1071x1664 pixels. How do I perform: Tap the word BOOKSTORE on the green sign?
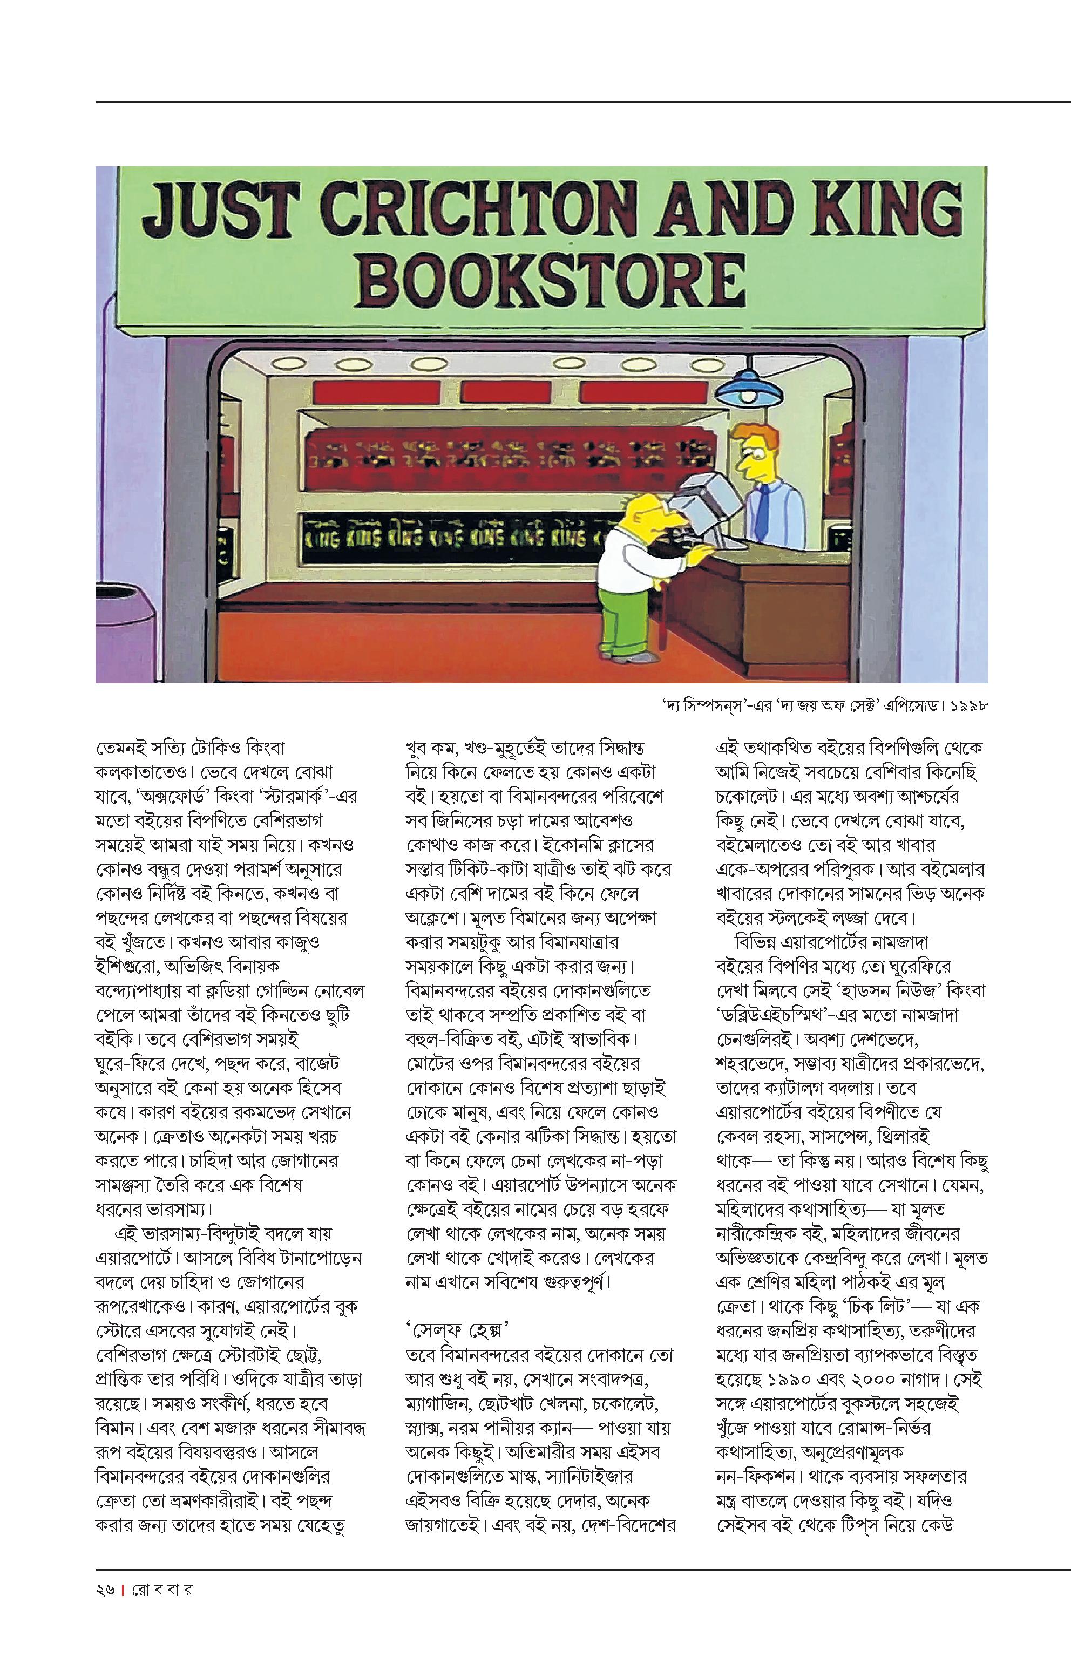coord(553,280)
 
